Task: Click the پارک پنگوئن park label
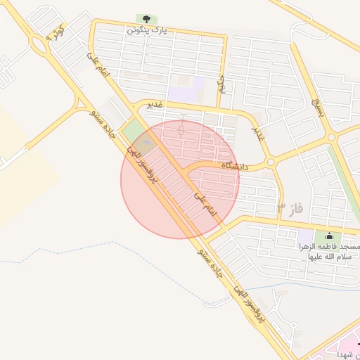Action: [x=146, y=31]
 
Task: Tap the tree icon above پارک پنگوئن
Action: [x=146, y=19]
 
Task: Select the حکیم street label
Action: [x=222, y=84]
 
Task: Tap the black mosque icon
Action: [x=329, y=236]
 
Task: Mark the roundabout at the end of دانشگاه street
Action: [x=270, y=164]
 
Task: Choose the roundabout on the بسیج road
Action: [x=332, y=139]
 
